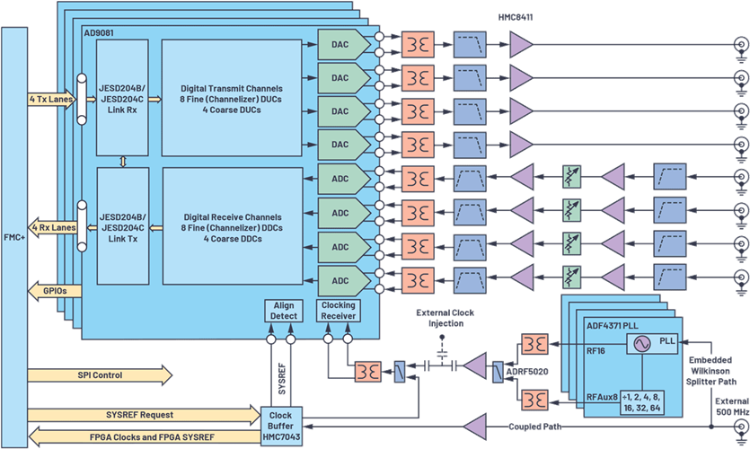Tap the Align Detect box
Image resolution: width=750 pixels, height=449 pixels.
coord(284,311)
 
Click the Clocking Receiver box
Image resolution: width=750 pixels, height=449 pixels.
coord(339,311)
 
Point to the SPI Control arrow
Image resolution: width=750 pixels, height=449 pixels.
coord(99,374)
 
